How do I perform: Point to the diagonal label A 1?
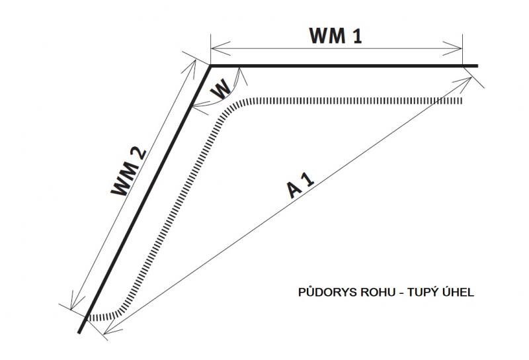pyautogui.click(x=301, y=187)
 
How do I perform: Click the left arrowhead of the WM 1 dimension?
pyautogui.click(x=214, y=47)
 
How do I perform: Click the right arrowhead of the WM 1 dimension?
pyautogui.click(x=458, y=47)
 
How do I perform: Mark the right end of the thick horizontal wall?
pyautogui.click(x=477, y=66)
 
